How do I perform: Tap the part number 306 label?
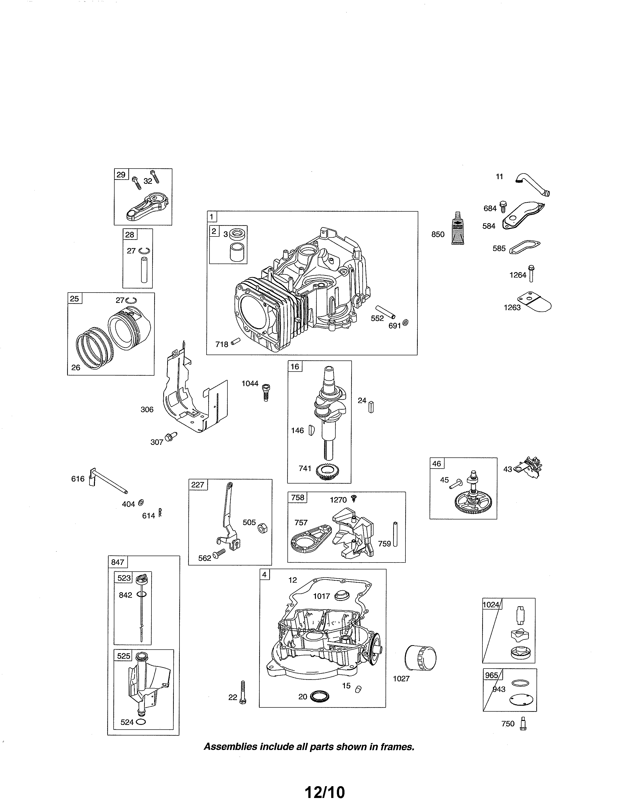[x=147, y=409]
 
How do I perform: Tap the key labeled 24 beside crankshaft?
[x=371, y=407]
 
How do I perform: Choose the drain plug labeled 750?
[x=524, y=723]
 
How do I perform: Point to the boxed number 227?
[x=198, y=484]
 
